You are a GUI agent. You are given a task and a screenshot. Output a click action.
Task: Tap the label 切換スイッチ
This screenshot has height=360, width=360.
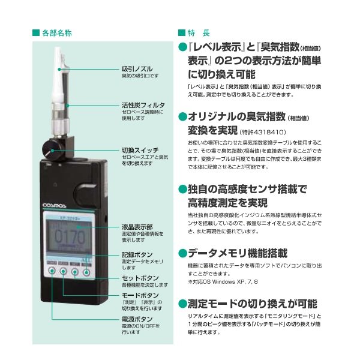coord(140,150)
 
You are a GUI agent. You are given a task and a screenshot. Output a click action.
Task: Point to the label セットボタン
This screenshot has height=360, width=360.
coord(140,278)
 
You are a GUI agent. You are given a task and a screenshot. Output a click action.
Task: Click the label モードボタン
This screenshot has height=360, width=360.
coord(140,296)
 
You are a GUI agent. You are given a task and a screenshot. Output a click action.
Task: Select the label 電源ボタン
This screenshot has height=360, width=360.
coord(137,319)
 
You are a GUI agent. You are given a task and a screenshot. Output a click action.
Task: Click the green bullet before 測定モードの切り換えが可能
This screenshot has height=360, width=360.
coord(183,304)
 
